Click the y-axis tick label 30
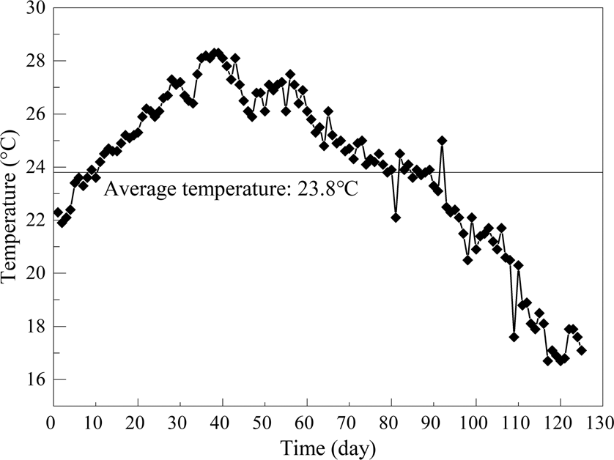click(34, 8)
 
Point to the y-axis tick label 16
click(34, 380)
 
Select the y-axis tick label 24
click(34, 168)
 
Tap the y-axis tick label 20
click(34, 274)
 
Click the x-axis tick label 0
click(50, 424)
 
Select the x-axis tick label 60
click(306, 424)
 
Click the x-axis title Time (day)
click(327, 447)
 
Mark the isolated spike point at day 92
click(442, 141)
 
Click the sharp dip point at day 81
click(396, 218)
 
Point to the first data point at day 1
click(58, 212)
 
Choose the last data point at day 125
click(582, 350)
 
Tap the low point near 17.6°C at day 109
click(514, 337)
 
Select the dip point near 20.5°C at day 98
click(467, 260)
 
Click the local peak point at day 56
click(290, 74)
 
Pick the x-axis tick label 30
click(178, 424)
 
